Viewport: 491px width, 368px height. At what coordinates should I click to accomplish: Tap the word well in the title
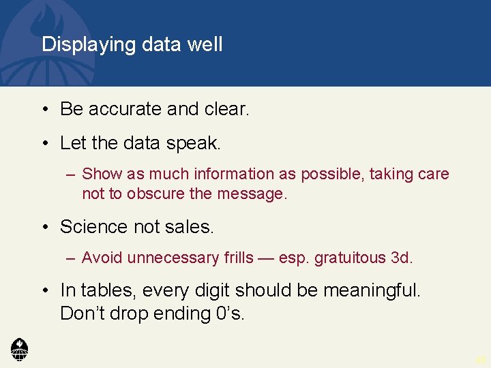point(205,44)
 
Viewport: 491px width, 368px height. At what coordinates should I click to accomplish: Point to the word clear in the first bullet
point(228,108)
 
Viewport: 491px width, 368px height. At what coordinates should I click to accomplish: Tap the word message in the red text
point(252,194)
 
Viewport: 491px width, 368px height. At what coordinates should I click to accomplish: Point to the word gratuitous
point(348,258)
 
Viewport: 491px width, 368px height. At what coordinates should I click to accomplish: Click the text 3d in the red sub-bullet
point(402,258)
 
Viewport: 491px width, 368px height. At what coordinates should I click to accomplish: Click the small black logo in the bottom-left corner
point(20,348)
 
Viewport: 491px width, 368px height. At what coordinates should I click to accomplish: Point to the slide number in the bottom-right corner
point(481,359)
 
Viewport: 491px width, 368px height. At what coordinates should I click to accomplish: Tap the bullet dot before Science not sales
point(45,226)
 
